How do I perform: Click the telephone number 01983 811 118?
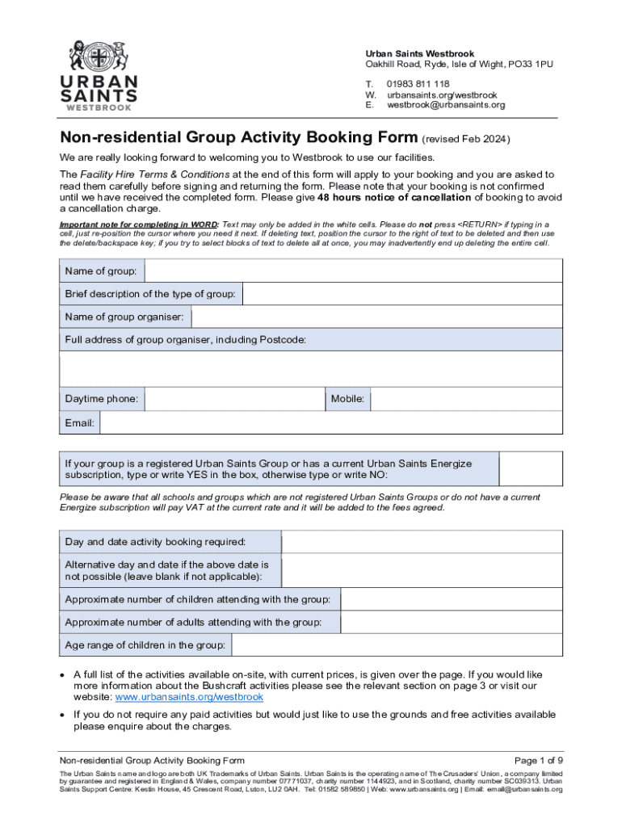[418, 84]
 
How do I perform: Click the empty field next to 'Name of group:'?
[353, 271]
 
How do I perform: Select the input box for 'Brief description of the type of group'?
[401, 294]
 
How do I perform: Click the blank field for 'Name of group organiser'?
[376, 317]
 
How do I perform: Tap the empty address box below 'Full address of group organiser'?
[311, 369]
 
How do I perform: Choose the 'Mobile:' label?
[347, 399]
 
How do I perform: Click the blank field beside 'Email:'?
[330, 423]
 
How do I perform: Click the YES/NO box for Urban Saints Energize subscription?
[530, 469]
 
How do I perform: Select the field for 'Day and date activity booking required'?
[421, 541]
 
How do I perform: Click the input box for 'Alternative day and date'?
[421, 570]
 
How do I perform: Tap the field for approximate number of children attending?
[451, 599]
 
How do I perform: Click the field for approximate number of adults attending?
[451, 622]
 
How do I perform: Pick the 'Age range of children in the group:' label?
[145, 645]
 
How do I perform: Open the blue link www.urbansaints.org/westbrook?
[189, 697]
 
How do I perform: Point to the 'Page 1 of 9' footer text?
[538, 761]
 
